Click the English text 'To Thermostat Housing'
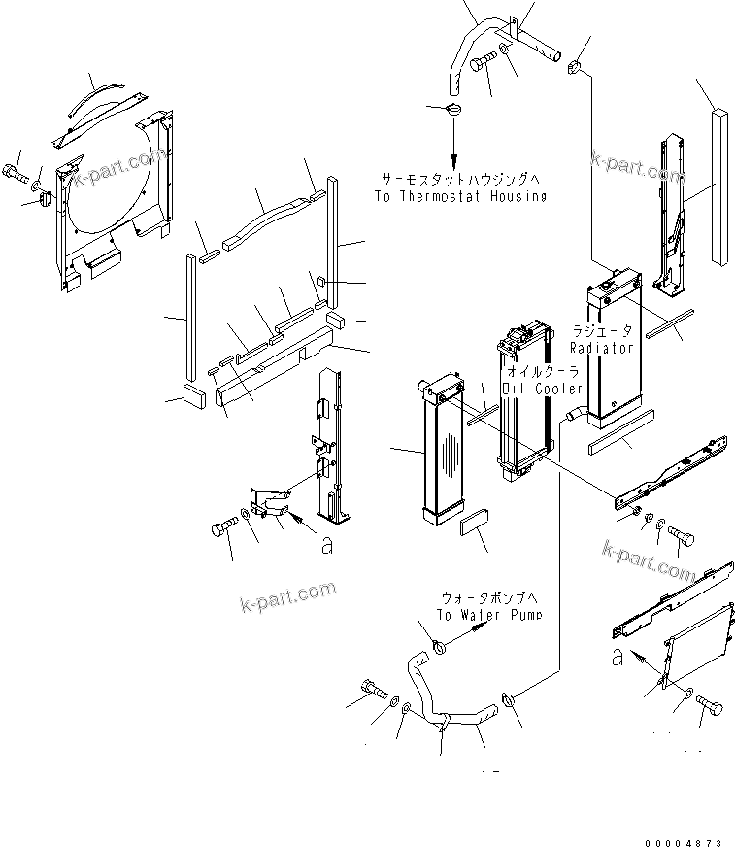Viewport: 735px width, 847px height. point(459,195)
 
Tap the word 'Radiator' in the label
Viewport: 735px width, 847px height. point(601,347)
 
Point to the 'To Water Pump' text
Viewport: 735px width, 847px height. point(488,615)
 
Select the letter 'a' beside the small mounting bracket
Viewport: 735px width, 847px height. point(326,547)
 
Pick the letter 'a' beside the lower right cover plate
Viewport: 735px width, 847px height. point(618,658)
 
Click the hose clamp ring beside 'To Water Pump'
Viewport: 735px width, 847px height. point(437,644)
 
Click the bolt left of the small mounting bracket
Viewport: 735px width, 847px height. point(221,529)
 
